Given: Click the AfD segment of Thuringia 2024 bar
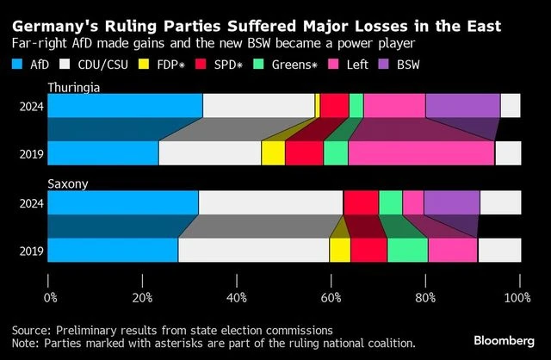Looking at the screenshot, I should (x=125, y=106).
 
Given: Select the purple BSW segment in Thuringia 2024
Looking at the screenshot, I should (x=462, y=106).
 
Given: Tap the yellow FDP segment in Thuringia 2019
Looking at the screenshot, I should (x=273, y=152).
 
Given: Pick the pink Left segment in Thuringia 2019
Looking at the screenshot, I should (x=421, y=152).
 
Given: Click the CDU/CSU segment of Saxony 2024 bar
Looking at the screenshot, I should (x=270, y=203).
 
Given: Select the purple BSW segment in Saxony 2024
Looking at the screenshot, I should (x=451, y=203).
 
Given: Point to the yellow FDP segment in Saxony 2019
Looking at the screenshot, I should (x=340, y=250).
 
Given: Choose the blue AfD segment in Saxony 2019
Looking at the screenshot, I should (x=113, y=250).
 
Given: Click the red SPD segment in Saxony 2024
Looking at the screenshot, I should (x=361, y=203).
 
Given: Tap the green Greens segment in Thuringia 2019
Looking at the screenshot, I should (x=336, y=152).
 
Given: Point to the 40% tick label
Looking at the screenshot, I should (x=237, y=298).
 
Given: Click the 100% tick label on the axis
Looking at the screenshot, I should (x=517, y=298).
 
